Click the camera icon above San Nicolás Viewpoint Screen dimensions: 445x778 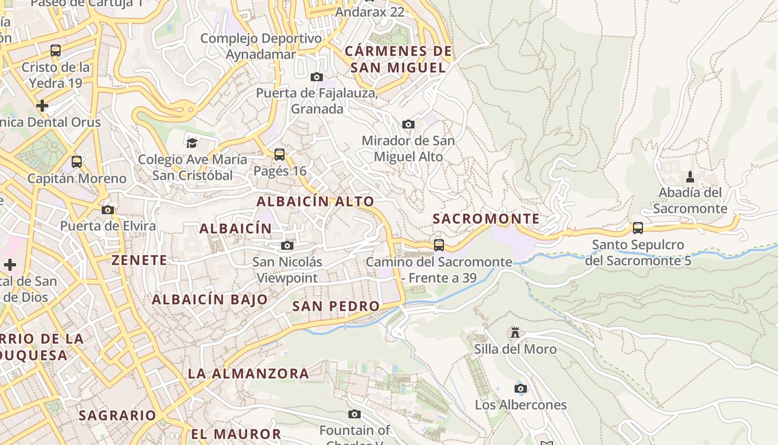287,245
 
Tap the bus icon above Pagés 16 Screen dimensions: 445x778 280,154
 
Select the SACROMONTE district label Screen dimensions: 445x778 486,219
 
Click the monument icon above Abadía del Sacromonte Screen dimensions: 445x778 690,177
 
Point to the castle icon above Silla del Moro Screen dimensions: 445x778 515,333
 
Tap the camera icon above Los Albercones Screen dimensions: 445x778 521,388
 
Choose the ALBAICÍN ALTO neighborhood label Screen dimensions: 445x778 315,201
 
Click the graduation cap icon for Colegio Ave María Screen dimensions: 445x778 192,143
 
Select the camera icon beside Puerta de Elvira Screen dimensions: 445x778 108,210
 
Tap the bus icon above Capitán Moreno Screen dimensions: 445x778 77,162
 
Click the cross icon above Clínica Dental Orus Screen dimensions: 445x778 42,105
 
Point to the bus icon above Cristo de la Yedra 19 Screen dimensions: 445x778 56,51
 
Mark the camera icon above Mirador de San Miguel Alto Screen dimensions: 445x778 408,124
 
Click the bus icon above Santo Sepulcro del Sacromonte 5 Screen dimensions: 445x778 638,228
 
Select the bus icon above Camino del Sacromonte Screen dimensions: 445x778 439,245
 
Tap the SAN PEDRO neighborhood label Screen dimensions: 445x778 336,306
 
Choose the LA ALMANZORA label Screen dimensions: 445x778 248,373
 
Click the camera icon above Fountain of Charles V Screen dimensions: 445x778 355,414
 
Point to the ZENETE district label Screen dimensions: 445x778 139,260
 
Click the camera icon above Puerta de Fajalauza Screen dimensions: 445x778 317,77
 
